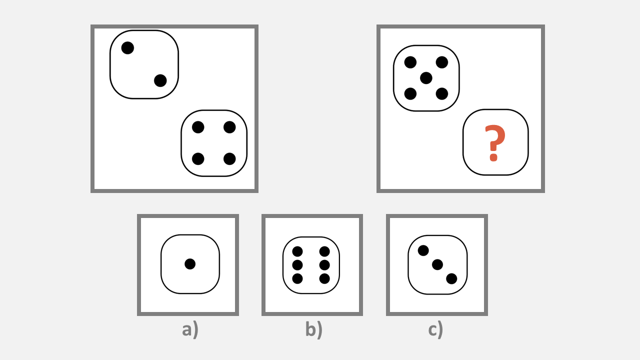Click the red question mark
point(495,143)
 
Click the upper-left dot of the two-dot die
point(127,47)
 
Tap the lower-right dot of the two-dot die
point(160,80)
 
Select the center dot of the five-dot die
point(426,78)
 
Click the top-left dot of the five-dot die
point(410,62)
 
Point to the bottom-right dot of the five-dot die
point(442,93)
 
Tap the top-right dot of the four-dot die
point(229,127)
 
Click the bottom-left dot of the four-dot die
point(198,159)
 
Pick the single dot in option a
point(190,264)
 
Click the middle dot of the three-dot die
point(437,265)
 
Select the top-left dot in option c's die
point(423,250)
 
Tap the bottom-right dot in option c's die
point(451,278)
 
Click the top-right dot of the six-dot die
point(324,251)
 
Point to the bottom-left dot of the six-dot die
point(297,278)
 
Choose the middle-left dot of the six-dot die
point(297,265)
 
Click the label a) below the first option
point(190,329)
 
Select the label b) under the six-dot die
point(314,329)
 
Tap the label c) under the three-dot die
point(435,329)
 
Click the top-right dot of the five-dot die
point(442,62)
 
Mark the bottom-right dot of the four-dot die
point(229,159)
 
